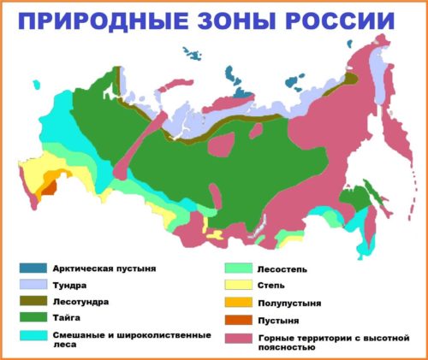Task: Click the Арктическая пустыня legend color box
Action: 32,269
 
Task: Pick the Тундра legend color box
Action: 32,285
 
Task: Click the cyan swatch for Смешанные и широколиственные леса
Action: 32,335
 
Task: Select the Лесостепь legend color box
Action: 238,269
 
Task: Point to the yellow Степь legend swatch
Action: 238,285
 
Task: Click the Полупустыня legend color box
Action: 238,302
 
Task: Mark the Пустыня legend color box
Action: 238,320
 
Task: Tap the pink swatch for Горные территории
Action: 238,338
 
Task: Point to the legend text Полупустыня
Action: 288,303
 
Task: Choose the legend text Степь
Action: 271,285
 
